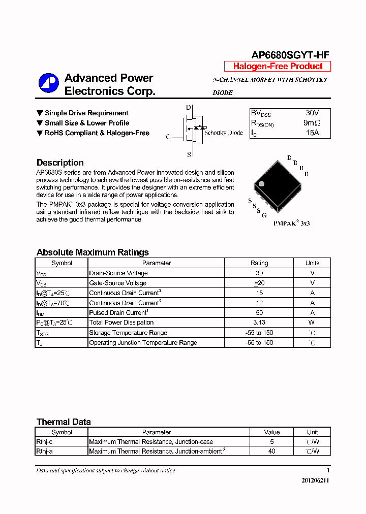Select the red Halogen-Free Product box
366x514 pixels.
278,66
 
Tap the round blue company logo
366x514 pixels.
49,83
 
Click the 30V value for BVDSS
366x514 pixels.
312,113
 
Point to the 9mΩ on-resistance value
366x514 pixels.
312,123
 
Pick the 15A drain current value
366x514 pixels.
312,133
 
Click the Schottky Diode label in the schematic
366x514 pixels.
223,133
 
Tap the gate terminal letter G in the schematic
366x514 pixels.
169,137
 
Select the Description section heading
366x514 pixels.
60,163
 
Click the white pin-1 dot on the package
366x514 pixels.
262,183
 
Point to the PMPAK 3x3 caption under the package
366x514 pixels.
291,223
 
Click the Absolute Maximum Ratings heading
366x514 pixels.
93,252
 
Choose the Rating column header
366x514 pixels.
259,263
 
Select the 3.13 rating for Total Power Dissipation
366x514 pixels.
259,323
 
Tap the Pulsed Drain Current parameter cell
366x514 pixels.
118,313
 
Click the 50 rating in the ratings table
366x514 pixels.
259,313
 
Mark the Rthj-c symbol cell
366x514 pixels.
44,442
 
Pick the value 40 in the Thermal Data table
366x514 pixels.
272,451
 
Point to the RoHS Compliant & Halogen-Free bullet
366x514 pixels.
97,133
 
